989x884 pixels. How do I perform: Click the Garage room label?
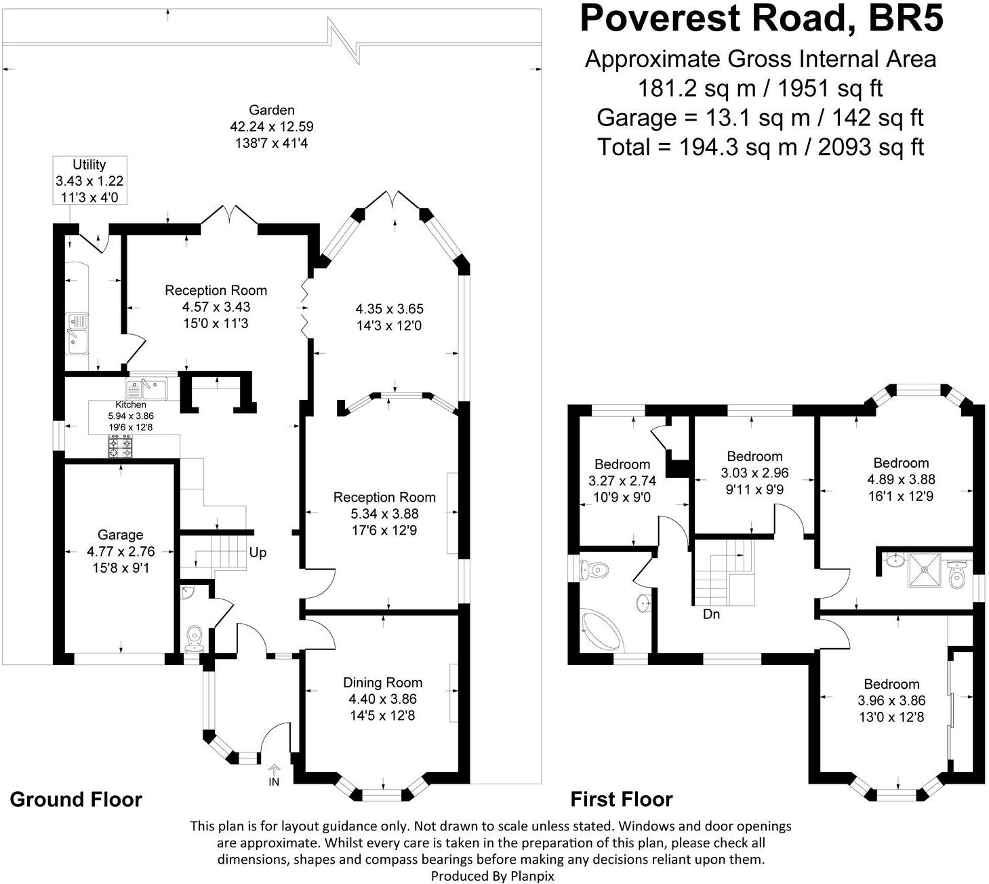point(121,534)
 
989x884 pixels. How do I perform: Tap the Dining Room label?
point(382,683)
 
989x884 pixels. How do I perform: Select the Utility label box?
point(90,180)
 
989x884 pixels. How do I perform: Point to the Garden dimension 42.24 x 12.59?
point(272,126)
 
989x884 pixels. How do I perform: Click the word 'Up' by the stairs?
point(258,552)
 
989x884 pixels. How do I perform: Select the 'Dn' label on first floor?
point(711,614)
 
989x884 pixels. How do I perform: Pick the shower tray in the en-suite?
point(924,569)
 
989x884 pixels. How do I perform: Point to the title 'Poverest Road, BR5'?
point(761,18)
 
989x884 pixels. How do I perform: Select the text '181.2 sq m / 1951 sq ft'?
point(760,88)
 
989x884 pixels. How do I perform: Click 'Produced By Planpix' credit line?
point(492,876)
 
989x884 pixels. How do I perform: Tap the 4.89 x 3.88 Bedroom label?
point(901,479)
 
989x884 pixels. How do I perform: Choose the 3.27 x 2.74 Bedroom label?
point(622,481)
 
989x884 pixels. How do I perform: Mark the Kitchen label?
point(130,405)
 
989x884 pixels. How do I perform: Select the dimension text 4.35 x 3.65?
point(389,309)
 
